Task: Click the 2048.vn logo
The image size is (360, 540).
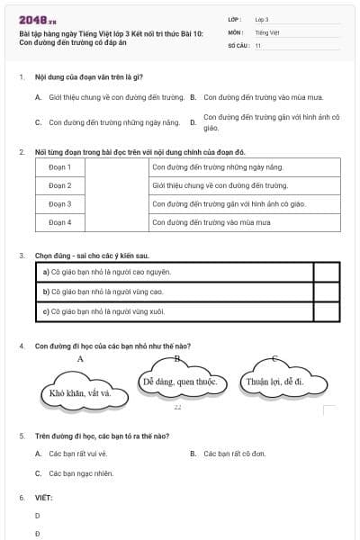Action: pyautogui.click(x=38, y=20)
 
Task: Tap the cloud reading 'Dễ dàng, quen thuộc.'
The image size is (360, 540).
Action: pyautogui.click(x=181, y=382)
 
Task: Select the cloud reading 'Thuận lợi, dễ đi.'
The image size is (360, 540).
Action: pyautogui.click(x=275, y=382)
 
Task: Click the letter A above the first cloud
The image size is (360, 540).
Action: pyautogui.click(x=80, y=358)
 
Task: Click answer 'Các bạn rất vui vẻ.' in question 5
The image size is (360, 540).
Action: pyautogui.click(x=77, y=454)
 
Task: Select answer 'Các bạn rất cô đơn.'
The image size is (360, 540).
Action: pyautogui.click(x=234, y=454)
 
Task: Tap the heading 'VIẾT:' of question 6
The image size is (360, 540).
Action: pyautogui.click(x=44, y=497)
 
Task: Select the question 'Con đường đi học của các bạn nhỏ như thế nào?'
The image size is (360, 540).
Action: pyautogui.click(x=112, y=346)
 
